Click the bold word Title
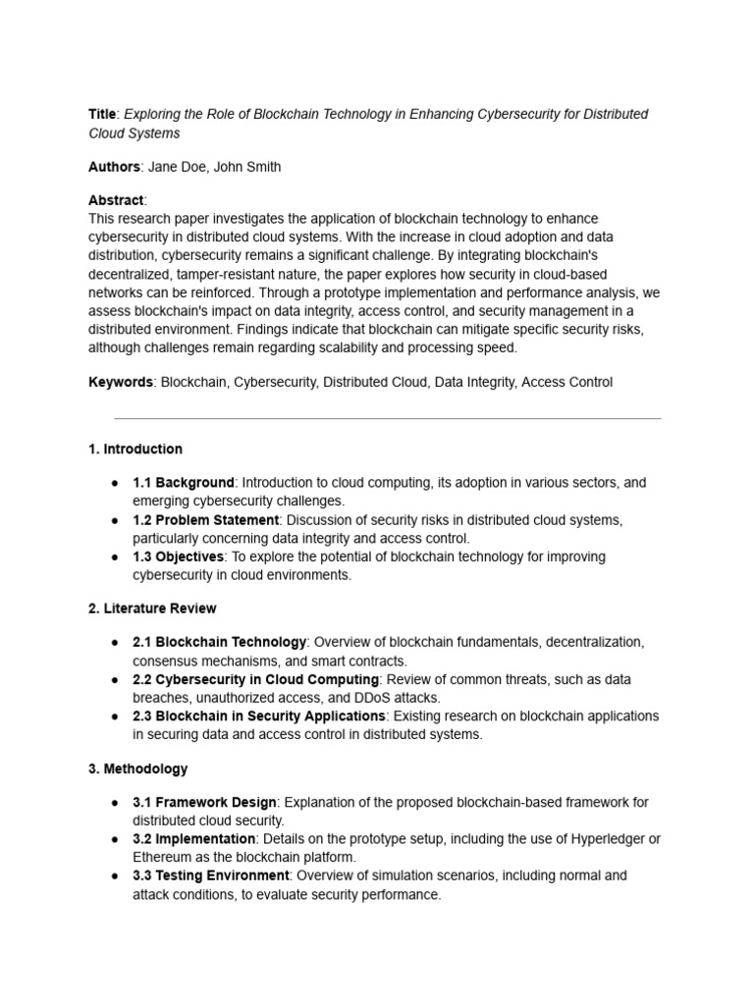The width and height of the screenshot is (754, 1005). [103, 114]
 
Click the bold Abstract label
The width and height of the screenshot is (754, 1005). [116, 200]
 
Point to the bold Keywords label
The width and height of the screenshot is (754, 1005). [120, 382]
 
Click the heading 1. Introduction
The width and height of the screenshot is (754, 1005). [135, 449]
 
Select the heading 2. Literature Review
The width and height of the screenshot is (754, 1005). [152, 608]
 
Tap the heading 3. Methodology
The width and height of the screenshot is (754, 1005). [137, 768]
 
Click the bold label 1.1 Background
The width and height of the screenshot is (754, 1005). [184, 483]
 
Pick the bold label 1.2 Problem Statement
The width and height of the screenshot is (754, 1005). [206, 519]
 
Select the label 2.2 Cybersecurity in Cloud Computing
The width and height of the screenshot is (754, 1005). [255, 679]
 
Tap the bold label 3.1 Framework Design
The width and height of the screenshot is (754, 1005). [204, 802]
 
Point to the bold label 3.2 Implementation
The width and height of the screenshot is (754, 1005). [194, 839]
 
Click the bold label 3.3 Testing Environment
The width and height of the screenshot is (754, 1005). [210, 875]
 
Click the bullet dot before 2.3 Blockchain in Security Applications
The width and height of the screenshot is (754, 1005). [115, 716]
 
